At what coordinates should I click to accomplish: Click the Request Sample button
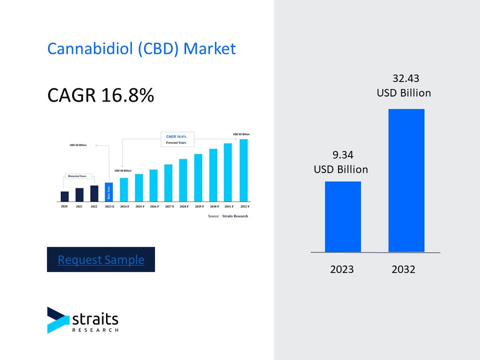pos(101,259)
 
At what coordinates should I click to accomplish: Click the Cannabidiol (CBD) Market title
pos(141,49)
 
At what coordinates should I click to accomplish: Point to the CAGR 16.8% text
pos(100,95)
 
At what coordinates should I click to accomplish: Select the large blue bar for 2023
pos(343,217)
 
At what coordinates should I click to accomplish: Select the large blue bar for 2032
pos(406,181)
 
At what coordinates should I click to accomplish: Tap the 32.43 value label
pos(405,79)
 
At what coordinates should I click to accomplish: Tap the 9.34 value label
pos(341,154)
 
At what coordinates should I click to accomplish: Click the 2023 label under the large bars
pos(342,269)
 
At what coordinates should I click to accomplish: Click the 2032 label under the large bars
pos(403,269)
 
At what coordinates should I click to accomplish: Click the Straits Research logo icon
pos(57,320)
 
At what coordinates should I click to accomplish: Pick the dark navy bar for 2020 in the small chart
pos(64,196)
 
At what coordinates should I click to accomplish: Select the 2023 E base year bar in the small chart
pos(109,192)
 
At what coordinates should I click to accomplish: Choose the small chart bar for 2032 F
pos(244,170)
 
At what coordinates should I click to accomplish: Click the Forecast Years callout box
pos(177,139)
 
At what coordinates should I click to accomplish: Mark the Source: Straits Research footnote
pos(228,215)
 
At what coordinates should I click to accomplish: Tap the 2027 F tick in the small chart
pos(169,207)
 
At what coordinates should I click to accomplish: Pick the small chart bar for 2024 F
pos(124,189)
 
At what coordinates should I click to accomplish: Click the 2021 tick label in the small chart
pos(79,207)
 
